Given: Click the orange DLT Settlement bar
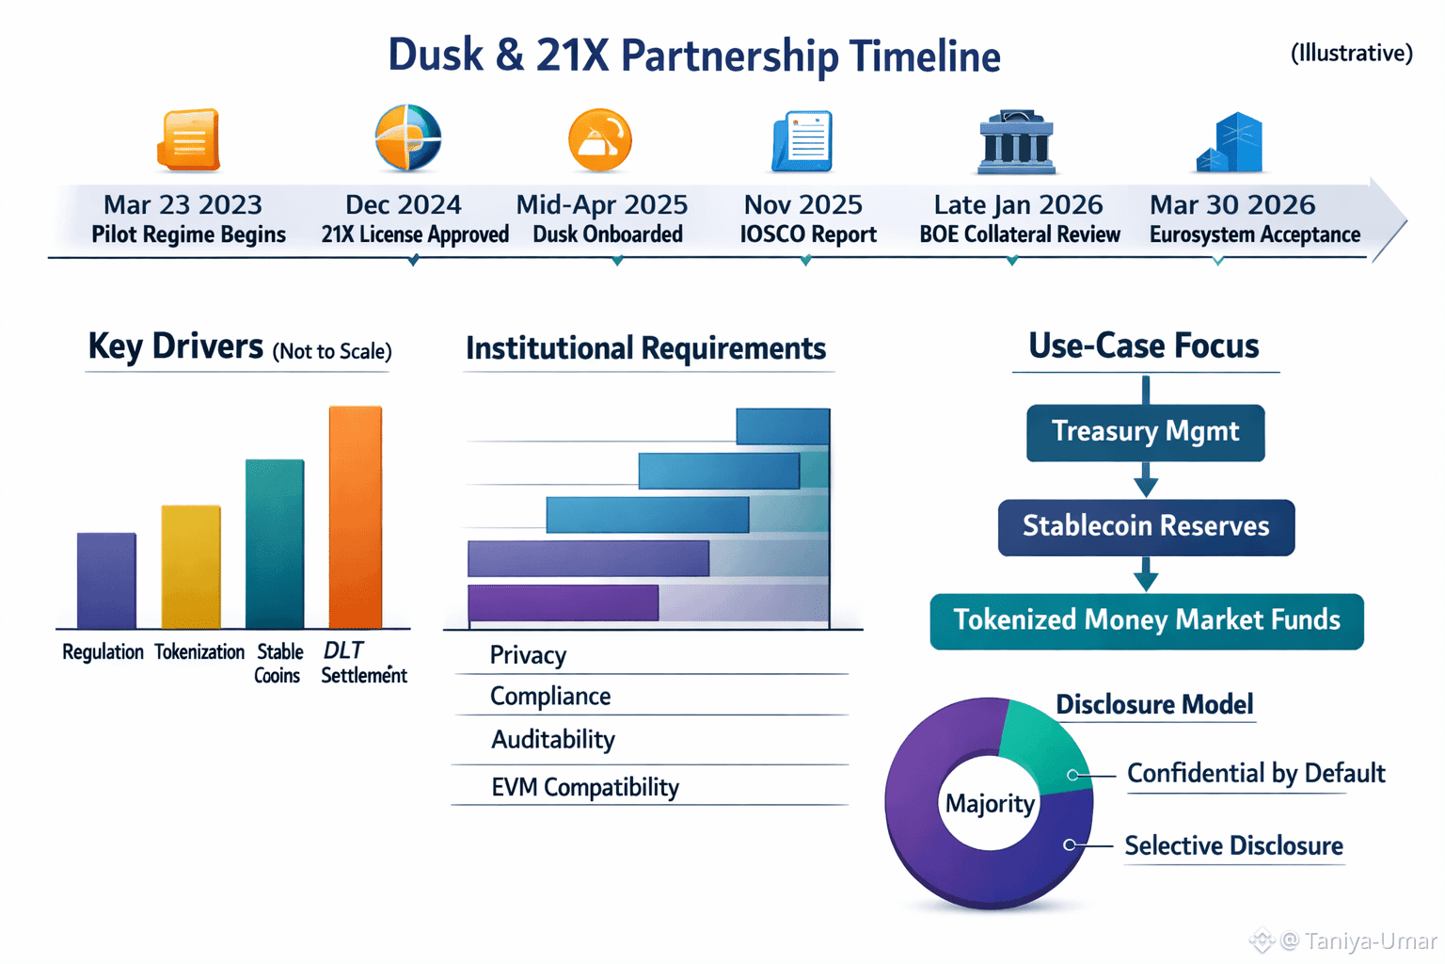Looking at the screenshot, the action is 356,518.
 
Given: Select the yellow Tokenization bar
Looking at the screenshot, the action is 191,567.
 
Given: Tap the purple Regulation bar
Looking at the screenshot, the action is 106,581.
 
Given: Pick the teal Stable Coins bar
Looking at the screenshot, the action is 275,544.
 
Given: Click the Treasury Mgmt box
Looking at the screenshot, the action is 1145,433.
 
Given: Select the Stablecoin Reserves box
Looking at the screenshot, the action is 1146,527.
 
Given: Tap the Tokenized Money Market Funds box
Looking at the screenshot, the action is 1146,621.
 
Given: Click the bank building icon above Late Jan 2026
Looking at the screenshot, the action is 1016,143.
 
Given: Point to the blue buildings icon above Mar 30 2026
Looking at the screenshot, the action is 1231,143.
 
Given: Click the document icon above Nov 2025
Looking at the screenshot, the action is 802,142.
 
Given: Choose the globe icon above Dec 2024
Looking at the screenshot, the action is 407,138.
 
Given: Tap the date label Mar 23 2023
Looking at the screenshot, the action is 183,205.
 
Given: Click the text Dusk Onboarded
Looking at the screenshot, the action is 608,234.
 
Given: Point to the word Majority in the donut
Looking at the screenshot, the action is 990,804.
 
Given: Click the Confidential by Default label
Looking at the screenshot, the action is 1255,774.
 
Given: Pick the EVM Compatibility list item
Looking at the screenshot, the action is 584,787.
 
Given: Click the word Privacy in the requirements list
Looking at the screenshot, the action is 528,655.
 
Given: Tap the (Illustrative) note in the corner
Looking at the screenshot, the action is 1351,54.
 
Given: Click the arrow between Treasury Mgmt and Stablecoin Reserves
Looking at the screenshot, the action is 1146,481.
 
